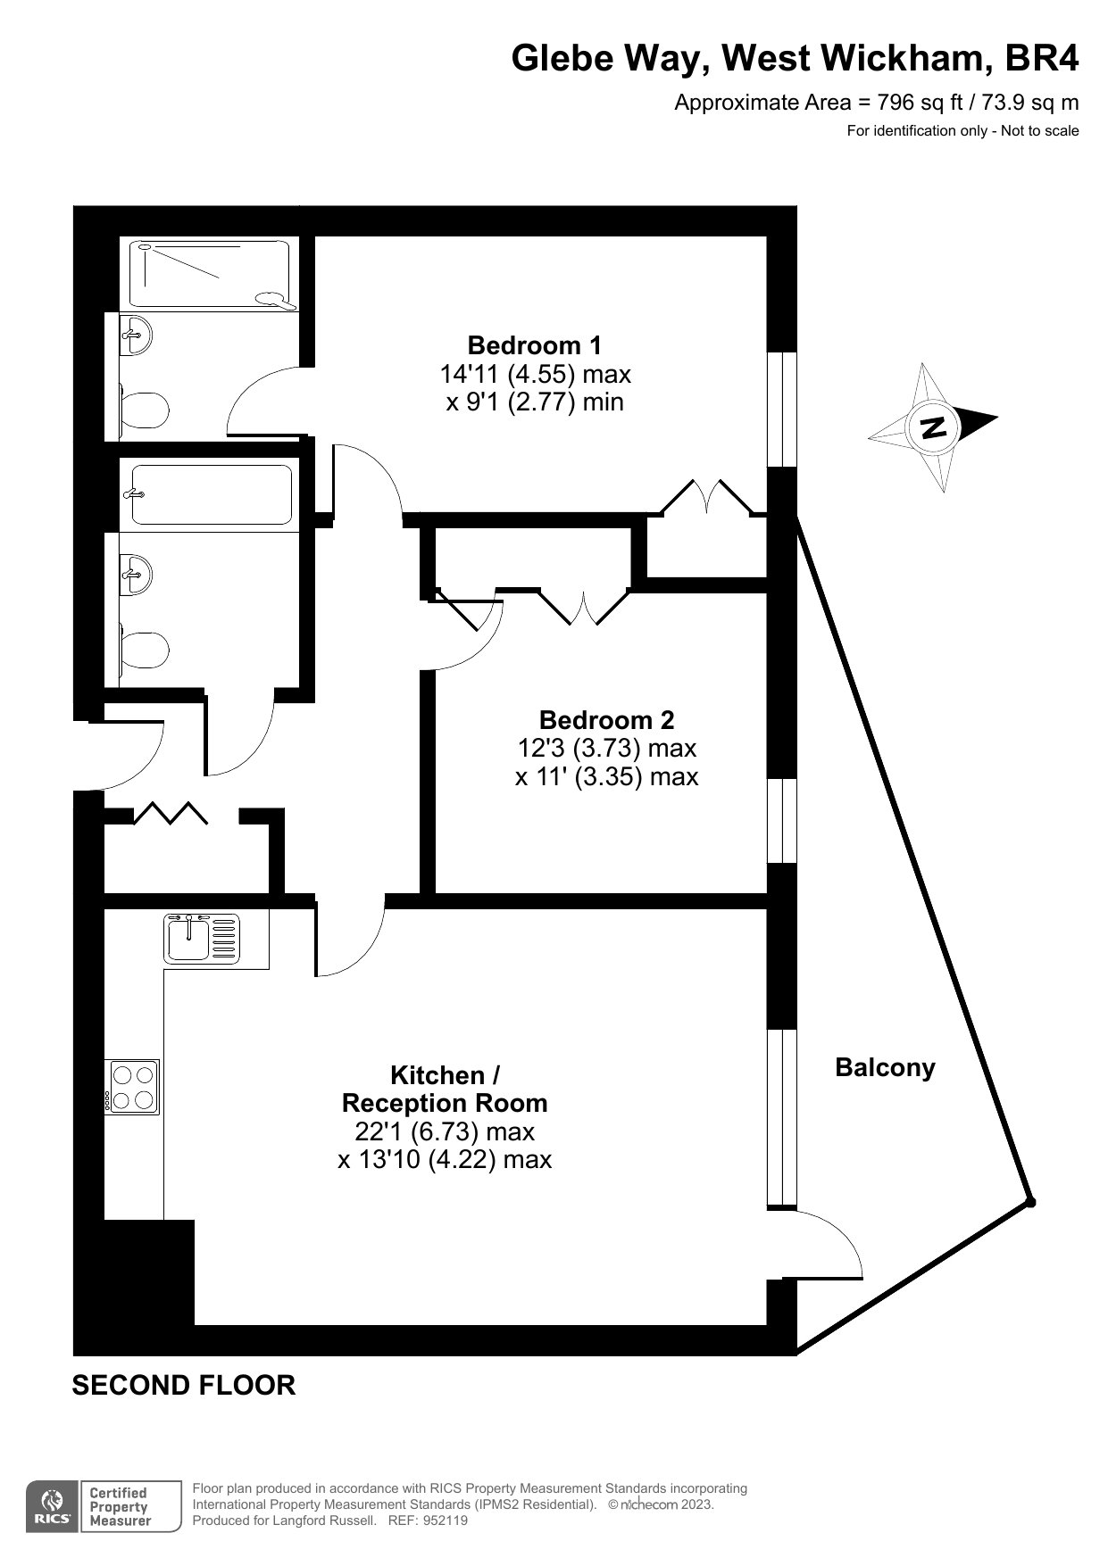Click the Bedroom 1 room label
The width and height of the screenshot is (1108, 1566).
pyautogui.click(x=534, y=344)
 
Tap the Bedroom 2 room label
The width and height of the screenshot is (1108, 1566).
pyautogui.click(x=606, y=719)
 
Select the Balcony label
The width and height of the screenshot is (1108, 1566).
pyautogui.click(x=884, y=1067)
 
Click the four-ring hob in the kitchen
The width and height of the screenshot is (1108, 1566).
pyautogui.click(x=132, y=1087)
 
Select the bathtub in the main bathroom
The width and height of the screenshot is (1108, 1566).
pyautogui.click(x=212, y=494)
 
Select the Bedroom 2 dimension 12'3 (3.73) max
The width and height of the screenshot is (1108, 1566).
pyautogui.click(x=606, y=748)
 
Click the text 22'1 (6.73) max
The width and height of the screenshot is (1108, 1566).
pyautogui.click(x=444, y=1131)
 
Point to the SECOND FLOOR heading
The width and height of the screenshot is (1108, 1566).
pyautogui.click(x=183, y=1385)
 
